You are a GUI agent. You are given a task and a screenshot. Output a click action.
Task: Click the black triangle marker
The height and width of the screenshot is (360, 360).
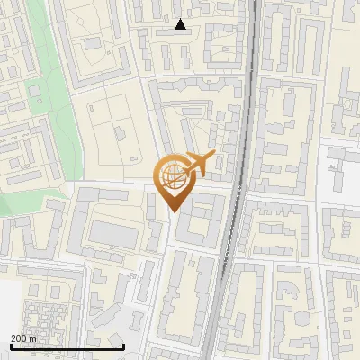(181, 24)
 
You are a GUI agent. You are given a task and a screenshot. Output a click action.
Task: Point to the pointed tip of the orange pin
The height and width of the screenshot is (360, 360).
(173, 212)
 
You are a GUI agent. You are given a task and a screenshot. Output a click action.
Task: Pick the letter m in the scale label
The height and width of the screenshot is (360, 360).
(37, 338)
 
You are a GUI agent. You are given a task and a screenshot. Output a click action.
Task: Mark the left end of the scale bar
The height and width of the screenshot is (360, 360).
(11, 346)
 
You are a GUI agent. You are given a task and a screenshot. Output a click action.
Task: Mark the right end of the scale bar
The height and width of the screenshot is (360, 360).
(123, 346)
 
